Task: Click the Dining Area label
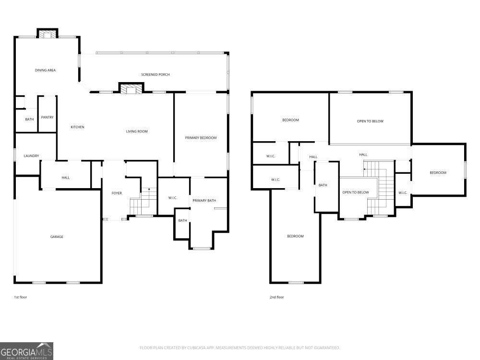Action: coord(45,70)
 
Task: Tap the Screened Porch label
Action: coord(155,74)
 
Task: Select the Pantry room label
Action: coord(47,117)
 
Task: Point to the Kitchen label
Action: coord(77,127)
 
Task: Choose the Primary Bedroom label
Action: coord(201,138)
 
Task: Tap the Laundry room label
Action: coord(31,156)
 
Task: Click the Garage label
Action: coord(57,237)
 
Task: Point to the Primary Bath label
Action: coord(204,200)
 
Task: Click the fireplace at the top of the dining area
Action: coord(48,34)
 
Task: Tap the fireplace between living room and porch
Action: coord(131,88)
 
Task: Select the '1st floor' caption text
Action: coord(20,297)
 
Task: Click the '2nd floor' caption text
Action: coord(276,297)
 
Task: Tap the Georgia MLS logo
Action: coord(26,350)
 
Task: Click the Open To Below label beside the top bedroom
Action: coord(370,121)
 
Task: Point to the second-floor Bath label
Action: coord(323,185)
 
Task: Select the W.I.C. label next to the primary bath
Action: coord(173,198)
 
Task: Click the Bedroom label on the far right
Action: coord(437,173)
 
